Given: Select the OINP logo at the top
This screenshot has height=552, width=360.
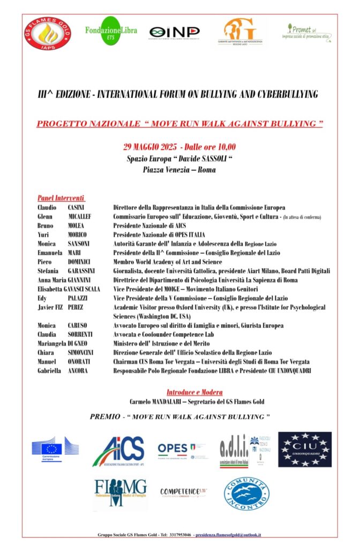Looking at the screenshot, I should point(174,32).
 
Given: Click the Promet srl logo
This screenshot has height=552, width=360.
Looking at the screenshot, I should point(306,32).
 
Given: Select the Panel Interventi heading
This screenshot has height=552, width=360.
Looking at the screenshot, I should point(61,198).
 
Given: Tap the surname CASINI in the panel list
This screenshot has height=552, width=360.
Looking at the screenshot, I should point(76,207).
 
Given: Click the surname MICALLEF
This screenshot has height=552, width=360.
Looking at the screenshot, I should point(80,217).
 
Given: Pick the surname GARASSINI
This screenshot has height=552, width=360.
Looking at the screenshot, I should point(82,271).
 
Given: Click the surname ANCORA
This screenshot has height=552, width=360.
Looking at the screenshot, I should point(78,371).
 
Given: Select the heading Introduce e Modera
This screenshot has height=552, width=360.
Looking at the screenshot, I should point(194,392).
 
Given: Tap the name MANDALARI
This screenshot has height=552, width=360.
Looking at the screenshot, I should point(169,401).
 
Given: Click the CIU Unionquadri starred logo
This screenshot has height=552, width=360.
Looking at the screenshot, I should point(304,449).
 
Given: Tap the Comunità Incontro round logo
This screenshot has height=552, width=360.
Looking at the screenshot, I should point(246,494).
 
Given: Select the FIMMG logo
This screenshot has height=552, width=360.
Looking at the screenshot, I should point(120,494).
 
